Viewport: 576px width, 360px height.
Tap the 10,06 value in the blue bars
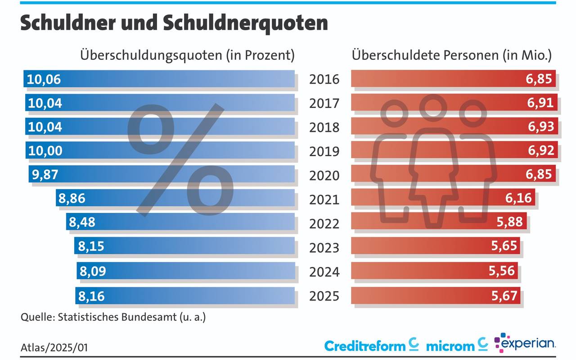(x=44, y=80)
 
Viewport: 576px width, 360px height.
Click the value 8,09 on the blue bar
(x=92, y=271)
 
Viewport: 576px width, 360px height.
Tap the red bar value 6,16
(x=519, y=198)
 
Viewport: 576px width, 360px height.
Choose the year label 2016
(x=324, y=80)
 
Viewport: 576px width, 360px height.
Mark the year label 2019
(x=324, y=151)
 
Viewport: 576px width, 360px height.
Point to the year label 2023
(x=324, y=247)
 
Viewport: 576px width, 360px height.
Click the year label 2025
(x=324, y=296)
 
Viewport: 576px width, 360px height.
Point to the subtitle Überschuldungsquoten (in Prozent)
(x=187, y=55)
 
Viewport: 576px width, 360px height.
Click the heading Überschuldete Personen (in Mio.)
(x=451, y=55)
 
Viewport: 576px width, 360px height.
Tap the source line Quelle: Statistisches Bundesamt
(x=113, y=317)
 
